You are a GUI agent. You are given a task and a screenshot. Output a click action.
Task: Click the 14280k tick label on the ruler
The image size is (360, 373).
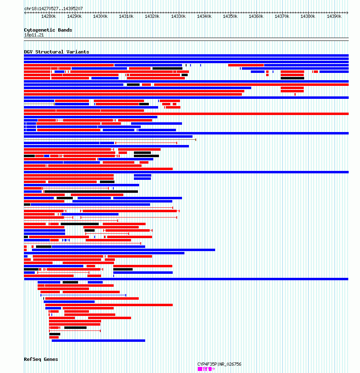(49, 17)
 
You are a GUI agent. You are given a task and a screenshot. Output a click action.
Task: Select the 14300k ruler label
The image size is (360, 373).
(100, 17)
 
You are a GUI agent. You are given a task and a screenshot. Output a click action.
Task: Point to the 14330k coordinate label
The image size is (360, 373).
(178, 17)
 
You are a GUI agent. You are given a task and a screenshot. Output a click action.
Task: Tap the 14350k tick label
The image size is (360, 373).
(230, 17)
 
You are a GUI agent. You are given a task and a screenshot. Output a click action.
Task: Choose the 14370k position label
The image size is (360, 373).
(282, 17)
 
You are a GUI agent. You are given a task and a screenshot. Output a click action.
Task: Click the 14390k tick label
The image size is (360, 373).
(334, 17)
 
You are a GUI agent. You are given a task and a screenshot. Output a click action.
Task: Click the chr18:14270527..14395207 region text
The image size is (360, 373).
(53, 9)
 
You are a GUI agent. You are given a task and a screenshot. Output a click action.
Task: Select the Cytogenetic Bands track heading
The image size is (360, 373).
(48, 30)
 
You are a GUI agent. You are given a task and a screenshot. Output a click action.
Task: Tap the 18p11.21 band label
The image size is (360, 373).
(34, 35)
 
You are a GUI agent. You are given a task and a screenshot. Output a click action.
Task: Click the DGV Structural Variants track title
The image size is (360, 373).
(57, 52)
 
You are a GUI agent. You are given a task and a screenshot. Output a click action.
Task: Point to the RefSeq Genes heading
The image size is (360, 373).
(41, 359)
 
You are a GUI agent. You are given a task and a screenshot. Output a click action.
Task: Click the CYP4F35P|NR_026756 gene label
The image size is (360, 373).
(219, 364)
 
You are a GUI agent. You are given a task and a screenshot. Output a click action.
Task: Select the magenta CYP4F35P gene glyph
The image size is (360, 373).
(206, 369)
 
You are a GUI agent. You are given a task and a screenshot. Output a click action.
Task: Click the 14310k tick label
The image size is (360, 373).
(126, 17)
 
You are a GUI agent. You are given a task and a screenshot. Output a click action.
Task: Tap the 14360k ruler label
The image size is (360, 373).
(256, 17)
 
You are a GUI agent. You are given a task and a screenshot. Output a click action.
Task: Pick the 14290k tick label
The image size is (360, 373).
(74, 17)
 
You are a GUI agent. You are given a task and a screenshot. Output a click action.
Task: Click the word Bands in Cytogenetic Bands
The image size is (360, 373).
(65, 30)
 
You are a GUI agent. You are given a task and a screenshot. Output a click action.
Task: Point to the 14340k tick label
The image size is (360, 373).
(204, 17)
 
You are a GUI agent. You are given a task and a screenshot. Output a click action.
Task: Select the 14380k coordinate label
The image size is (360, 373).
(308, 17)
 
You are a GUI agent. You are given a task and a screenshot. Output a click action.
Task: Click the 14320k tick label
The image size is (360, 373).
(152, 17)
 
